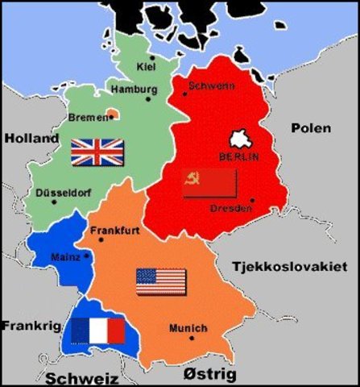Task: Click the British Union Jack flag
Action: tap(97, 152)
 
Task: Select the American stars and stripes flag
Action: tap(161, 281)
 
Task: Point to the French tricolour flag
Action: tap(97, 330)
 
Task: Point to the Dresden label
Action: tap(230, 209)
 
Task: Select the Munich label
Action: tap(188, 328)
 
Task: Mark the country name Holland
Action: tap(31, 139)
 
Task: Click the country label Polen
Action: tap(310, 127)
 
